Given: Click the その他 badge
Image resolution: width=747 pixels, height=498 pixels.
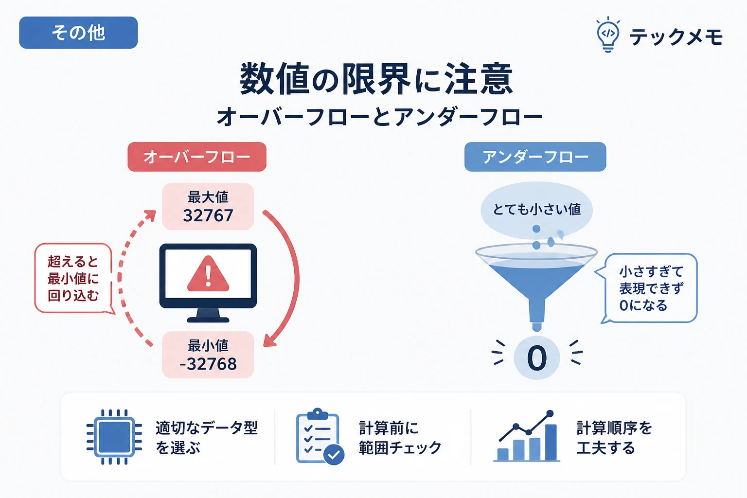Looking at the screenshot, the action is click(78, 33).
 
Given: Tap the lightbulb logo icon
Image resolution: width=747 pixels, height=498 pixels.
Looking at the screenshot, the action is click(608, 35).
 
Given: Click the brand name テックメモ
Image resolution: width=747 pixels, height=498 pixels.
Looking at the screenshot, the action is click(676, 36).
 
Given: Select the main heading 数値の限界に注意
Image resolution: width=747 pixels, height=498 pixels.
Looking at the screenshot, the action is click(376, 79).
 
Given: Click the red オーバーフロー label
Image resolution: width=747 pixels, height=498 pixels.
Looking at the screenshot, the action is click(197, 157).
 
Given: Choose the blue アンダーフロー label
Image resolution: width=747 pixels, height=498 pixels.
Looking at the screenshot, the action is click(535, 157).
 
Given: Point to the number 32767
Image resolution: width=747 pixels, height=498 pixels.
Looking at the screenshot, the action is click(208, 215).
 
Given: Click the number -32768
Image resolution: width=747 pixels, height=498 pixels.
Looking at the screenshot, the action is click(208, 364).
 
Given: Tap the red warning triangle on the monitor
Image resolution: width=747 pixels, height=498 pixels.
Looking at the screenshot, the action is click(208, 274).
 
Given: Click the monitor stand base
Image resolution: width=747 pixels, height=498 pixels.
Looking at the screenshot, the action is click(208, 320).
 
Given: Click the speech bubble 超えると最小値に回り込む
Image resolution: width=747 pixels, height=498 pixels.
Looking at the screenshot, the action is click(73, 278).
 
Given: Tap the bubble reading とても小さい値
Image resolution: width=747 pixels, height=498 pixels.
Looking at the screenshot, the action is click(536, 210).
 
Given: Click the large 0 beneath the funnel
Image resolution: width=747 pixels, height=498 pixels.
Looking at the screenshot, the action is click(536, 358).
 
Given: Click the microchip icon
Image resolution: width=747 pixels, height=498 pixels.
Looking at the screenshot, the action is click(114, 437).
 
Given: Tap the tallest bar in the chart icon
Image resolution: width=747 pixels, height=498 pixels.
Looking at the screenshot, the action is click(551, 442).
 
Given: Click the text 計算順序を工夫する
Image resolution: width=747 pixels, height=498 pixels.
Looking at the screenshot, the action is click(614, 438).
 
